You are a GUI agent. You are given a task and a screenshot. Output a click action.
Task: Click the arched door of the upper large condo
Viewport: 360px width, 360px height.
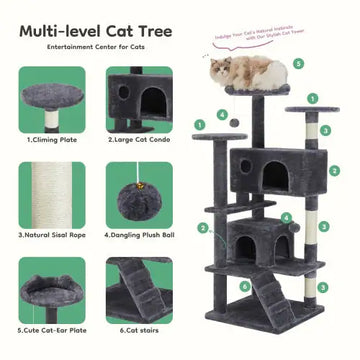[272, 173]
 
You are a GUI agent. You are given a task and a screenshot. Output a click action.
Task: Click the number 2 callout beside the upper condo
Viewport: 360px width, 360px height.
[335, 170]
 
